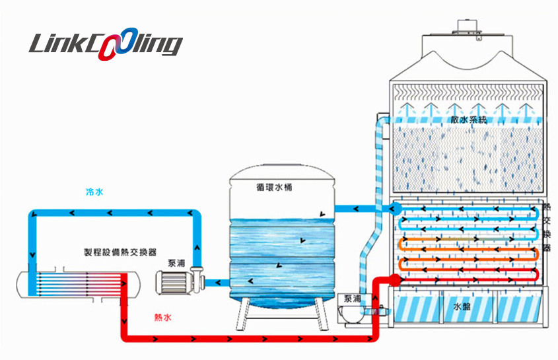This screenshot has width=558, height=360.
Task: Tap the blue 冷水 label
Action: (x=94, y=192)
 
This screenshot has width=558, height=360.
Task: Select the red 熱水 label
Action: (x=162, y=318)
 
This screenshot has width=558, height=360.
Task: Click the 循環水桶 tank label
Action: (x=274, y=187)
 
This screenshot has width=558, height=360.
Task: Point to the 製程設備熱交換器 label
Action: (x=120, y=252)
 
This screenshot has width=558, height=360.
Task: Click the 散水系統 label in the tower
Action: (x=468, y=120)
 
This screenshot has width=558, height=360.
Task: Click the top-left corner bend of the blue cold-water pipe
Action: (x=33, y=214)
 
